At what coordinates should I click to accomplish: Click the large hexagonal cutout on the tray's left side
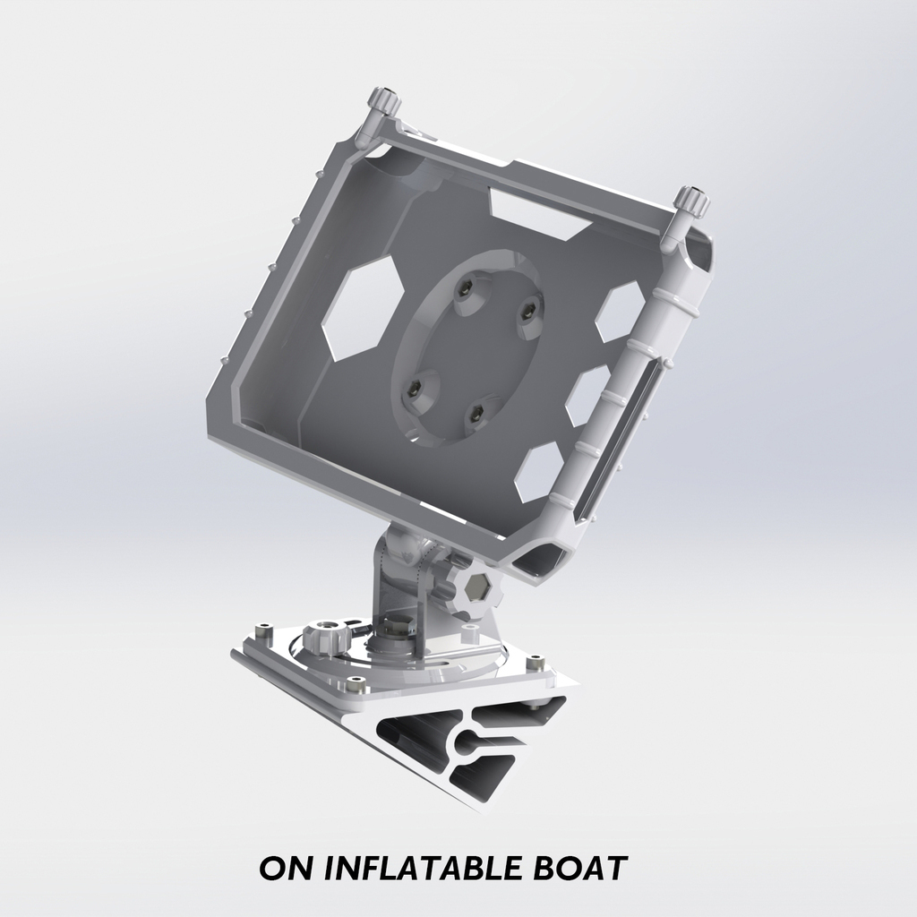(360, 307)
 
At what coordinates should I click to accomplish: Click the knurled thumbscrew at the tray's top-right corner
(691, 201)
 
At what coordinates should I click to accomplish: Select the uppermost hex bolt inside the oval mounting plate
(466, 288)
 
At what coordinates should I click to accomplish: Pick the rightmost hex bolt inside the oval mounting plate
(528, 312)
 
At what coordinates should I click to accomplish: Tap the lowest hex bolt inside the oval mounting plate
(476, 413)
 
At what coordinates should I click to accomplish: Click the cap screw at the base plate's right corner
(536, 664)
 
